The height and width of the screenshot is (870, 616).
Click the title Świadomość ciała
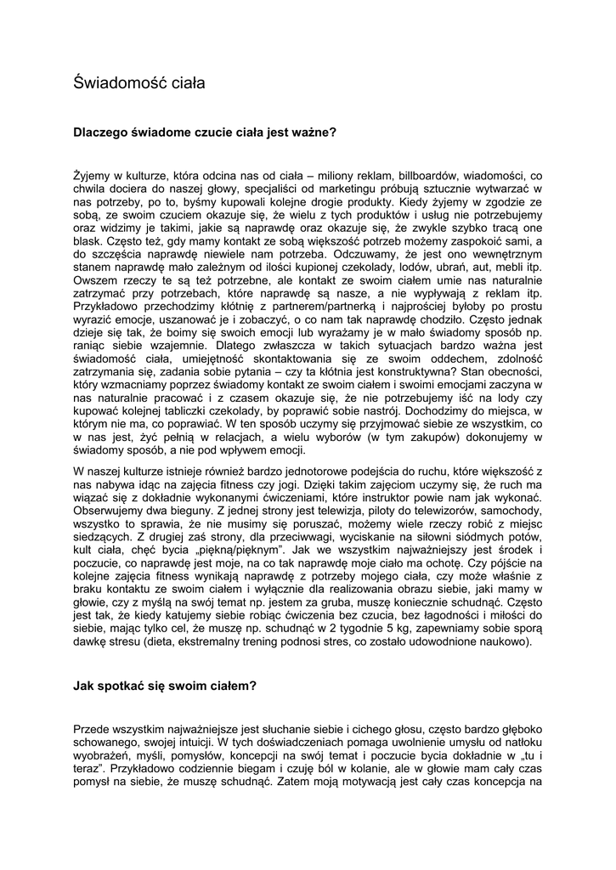coord(139,83)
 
